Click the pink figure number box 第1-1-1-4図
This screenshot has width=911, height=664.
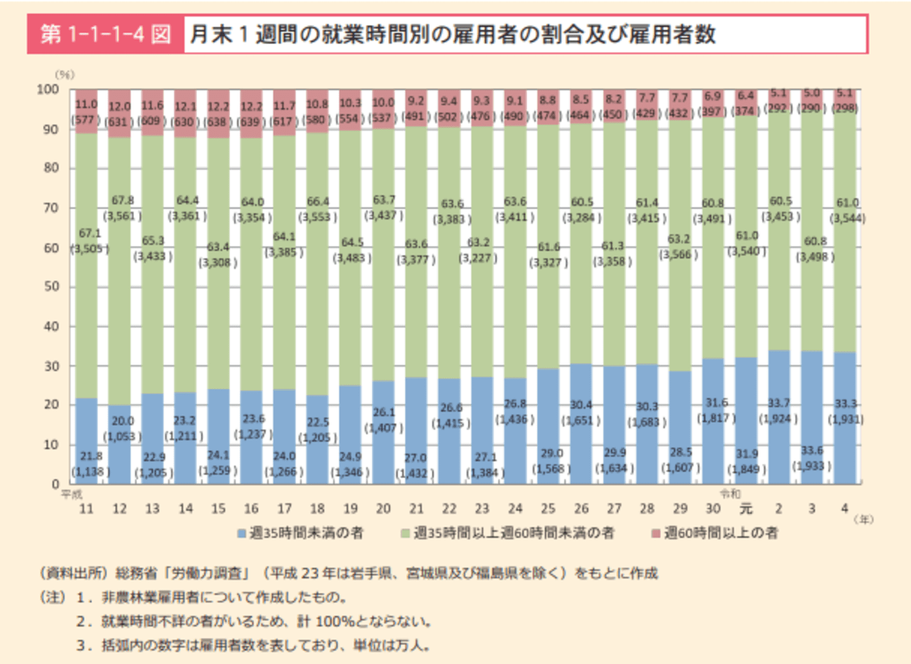pyautogui.click(x=106, y=34)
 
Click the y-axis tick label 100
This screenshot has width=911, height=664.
pyautogui.click(x=47, y=89)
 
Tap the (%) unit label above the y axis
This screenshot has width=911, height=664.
pyautogui.click(x=65, y=75)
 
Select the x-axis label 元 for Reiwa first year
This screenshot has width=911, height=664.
pyautogui.click(x=746, y=509)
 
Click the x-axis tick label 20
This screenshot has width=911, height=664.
pyautogui.click(x=383, y=509)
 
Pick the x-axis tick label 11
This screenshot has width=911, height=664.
pyautogui.click(x=86, y=509)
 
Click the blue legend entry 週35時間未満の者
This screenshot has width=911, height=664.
pyautogui.click(x=301, y=533)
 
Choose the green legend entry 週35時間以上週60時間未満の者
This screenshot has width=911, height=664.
pyautogui.click(x=508, y=533)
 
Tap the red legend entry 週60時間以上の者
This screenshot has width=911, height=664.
pyautogui.click(x=715, y=533)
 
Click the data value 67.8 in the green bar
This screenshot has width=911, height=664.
pyautogui.click(x=123, y=201)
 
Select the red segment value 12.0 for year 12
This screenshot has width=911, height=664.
pyautogui.click(x=120, y=107)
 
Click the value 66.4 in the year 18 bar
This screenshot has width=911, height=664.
pyautogui.click(x=318, y=202)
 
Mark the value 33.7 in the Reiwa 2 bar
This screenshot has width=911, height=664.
pyautogui.click(x=779, y=403)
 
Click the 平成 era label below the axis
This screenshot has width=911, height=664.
pyautogui.click(x=72, y=495)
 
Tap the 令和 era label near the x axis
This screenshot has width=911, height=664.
pyautogui.click(x=730, y=494)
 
